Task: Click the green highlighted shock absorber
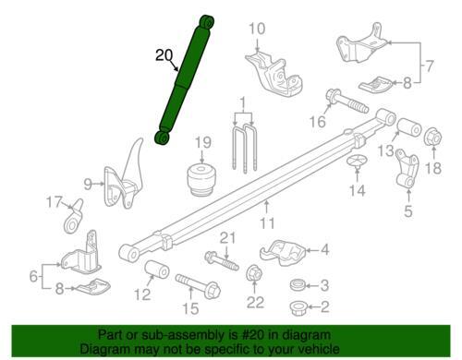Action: click(185, 79)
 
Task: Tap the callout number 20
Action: click(164, 55)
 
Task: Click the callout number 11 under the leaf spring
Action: click(267, 222)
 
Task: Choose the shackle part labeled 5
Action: click(407, 168)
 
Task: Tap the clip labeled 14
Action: click(358, 162)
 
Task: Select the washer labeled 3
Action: click(298, 284)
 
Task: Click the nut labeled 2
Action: click(298, 307)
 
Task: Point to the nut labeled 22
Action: click(254, 273)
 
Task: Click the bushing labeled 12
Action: click(157, 270)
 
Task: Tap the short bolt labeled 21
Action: click(222, 261)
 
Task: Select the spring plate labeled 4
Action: click(283, 252)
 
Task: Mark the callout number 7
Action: click(429, 66)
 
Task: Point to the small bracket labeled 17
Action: click(74, 217)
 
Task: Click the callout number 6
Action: click(33, 276)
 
